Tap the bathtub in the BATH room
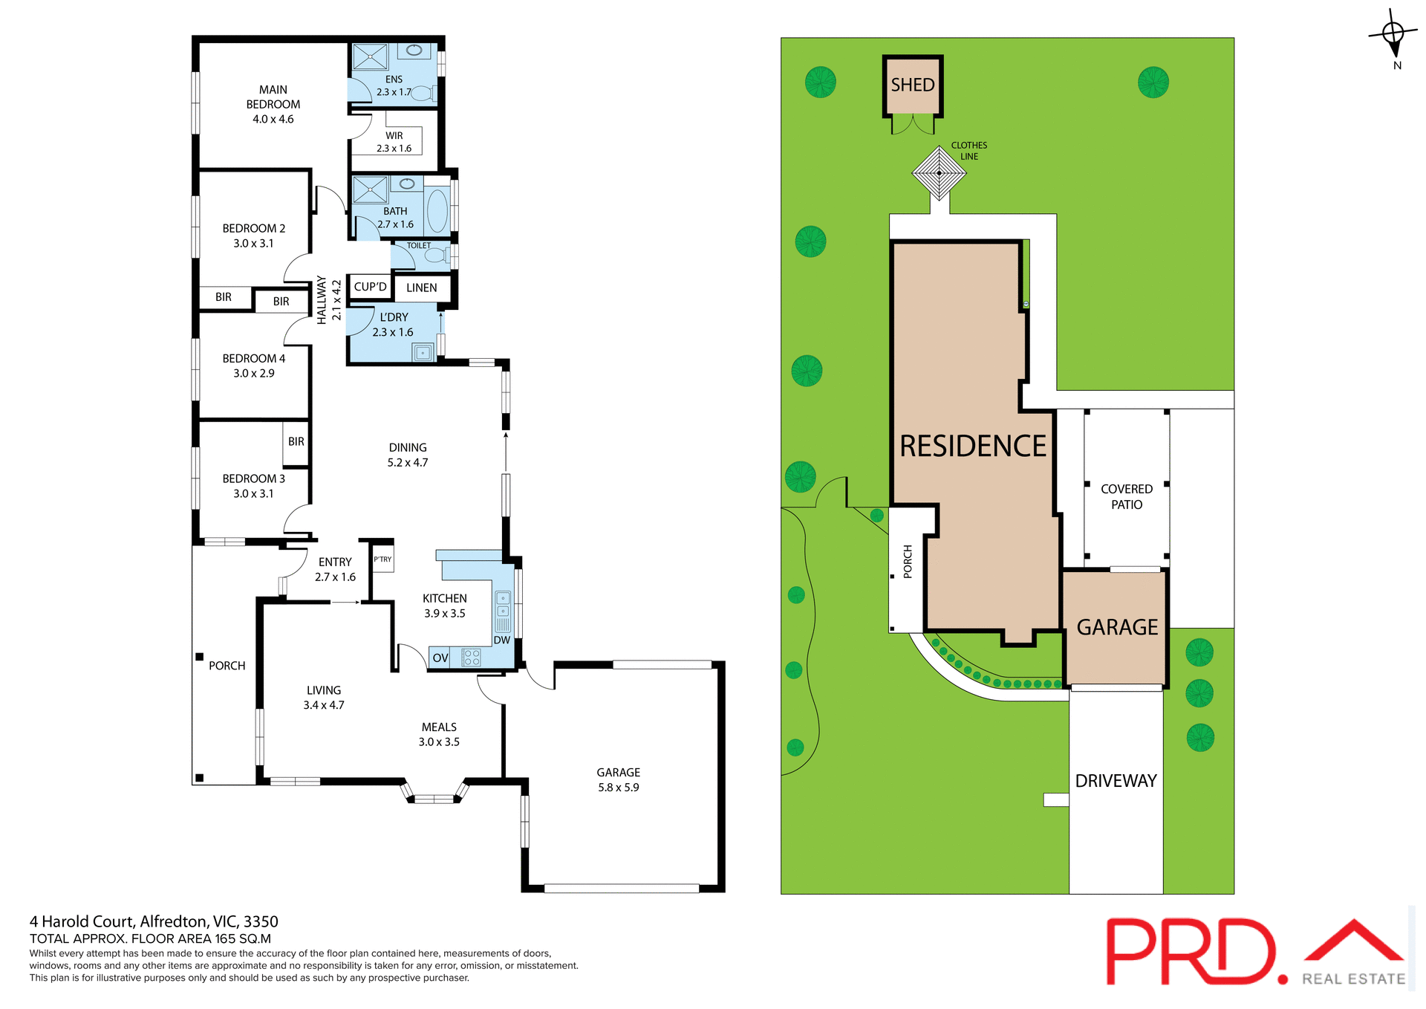point(437,211)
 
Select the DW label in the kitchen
point(502,640)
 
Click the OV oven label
point(440,658)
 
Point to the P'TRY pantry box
point(382,559)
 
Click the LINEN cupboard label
point(421,288)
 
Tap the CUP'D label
point(370,287)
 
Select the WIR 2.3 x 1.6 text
point(394,142)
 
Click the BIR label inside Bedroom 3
point(296,441)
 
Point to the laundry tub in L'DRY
point(423,353)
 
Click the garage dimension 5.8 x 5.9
point(618,788)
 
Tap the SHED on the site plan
point(913,85)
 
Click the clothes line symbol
point(939,173)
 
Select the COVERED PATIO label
point(1126,496)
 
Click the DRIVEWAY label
point(1116,781)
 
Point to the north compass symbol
point(1393,34)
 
